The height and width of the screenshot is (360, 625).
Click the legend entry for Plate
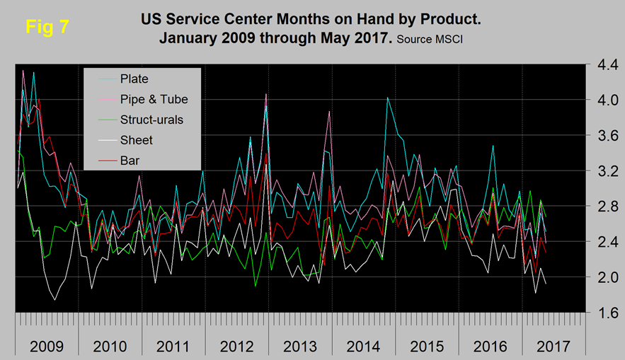(x=134, y=79)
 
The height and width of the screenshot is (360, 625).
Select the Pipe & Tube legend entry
(x=154, y=99)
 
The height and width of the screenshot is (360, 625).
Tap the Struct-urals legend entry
(x=151, y=120)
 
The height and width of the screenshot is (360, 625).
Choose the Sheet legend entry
(x=136, y=140)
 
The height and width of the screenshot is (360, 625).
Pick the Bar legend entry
(x=130, y=161)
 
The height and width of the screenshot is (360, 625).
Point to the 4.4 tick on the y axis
(x=603, y=65)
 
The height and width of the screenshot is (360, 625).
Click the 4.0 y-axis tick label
(x=603, y=100)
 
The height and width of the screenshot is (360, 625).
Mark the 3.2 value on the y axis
(x=603, y=171)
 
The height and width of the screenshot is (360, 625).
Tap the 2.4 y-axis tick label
(x=603, y=242)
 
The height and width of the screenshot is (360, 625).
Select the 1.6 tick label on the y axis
(x=603, y=313)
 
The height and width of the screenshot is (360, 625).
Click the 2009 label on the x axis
(x=45, y=347)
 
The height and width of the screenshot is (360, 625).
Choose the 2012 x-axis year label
(x=239, y=347)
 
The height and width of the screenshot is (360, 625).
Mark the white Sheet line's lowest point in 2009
(x=55, y=300)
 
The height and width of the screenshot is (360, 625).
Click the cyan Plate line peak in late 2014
(x=387, y=98)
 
